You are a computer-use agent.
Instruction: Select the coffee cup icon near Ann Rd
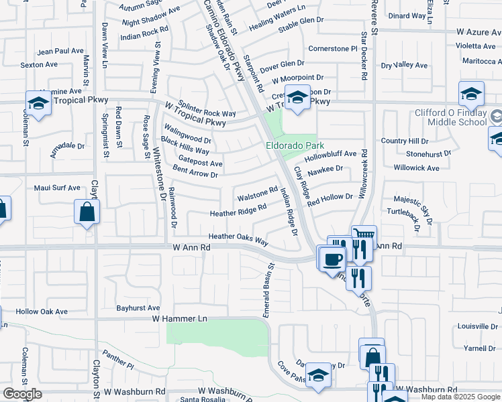click(x=331, y=258)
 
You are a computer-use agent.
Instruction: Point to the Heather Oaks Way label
click(x=238, y=237)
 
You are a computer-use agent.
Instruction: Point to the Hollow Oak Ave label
click(x=42, y=312)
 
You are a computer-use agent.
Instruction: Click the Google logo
click(x=21, y=394)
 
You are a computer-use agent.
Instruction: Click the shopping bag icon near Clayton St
click(x=87, y=212)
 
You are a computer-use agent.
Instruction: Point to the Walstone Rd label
click(x=257, y=196)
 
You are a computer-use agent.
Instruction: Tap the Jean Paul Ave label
click(x=60, y=51)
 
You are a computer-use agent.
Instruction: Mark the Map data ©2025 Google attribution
click(x=460, y=397)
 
